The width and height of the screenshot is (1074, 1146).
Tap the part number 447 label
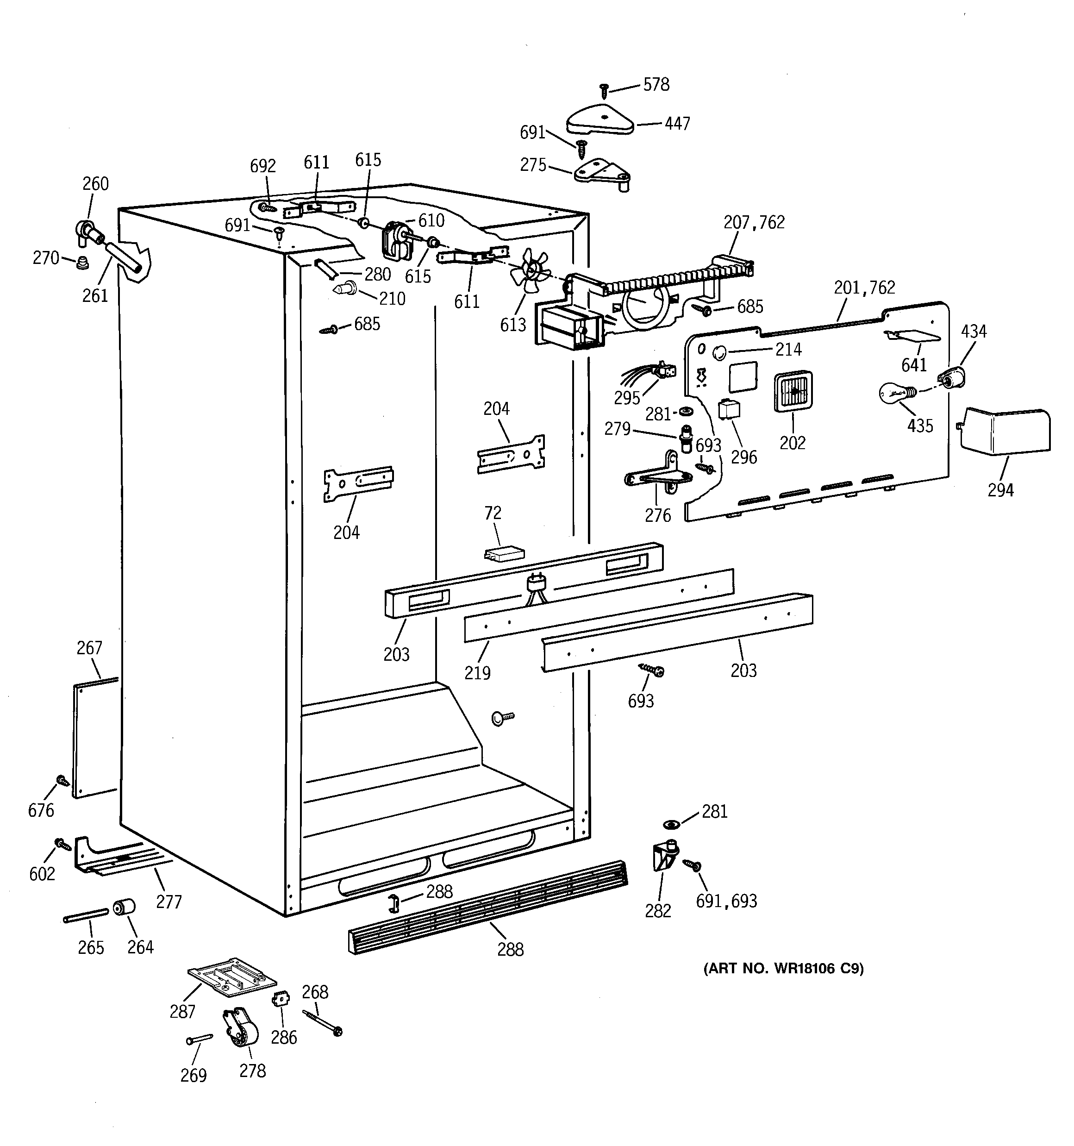coord(677,123)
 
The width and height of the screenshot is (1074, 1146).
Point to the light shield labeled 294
coord(1005,431)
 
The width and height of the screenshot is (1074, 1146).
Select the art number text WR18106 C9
coord(783,969)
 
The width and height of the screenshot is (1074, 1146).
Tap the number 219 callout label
coord(477,672)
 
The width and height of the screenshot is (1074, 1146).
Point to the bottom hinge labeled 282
coord(664,857)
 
